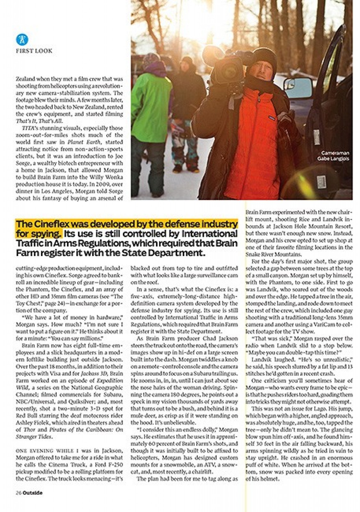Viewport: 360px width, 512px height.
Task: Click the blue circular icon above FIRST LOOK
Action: tap(22, 39)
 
